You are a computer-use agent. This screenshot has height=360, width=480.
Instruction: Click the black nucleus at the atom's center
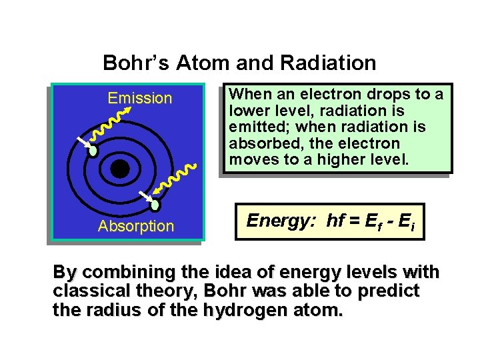pyautogui.click(x=120, y=169)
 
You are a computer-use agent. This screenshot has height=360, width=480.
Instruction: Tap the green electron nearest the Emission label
pyautogui.click(x=93, y=151)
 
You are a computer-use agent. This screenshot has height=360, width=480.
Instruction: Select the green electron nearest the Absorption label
pyautogui.click(x=155, y=205)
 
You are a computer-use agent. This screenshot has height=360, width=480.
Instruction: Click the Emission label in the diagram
pyautogui.click(x=140, y=99)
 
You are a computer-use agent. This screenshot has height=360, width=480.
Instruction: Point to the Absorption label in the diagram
pyautogui.click(x=135, y=227)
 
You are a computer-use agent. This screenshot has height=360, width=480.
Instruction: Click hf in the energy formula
pyautogui.click(x=335, y=221)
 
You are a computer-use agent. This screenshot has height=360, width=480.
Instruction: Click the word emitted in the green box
pyautogui.click(x=254, y=127)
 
